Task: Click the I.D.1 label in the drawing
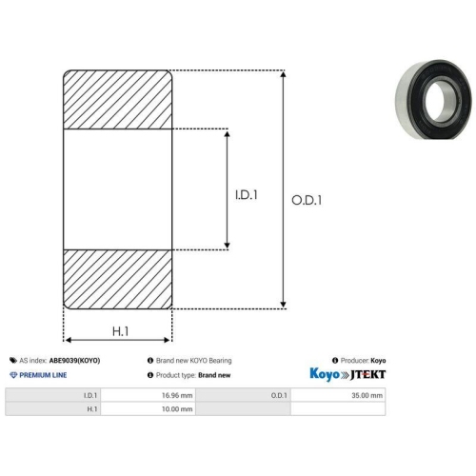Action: tap(246, 194)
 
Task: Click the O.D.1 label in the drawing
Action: tap(307, 200)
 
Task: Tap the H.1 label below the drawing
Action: tap(120, 331)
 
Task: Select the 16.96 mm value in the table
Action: tap(177, 395)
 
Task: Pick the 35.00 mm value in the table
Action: tap(367, 395)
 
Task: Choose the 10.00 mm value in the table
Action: tap(177, 409)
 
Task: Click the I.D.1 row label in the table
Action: tap(90, 395)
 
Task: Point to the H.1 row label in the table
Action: tap(92, 409)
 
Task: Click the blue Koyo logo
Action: tap(325, 374)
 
